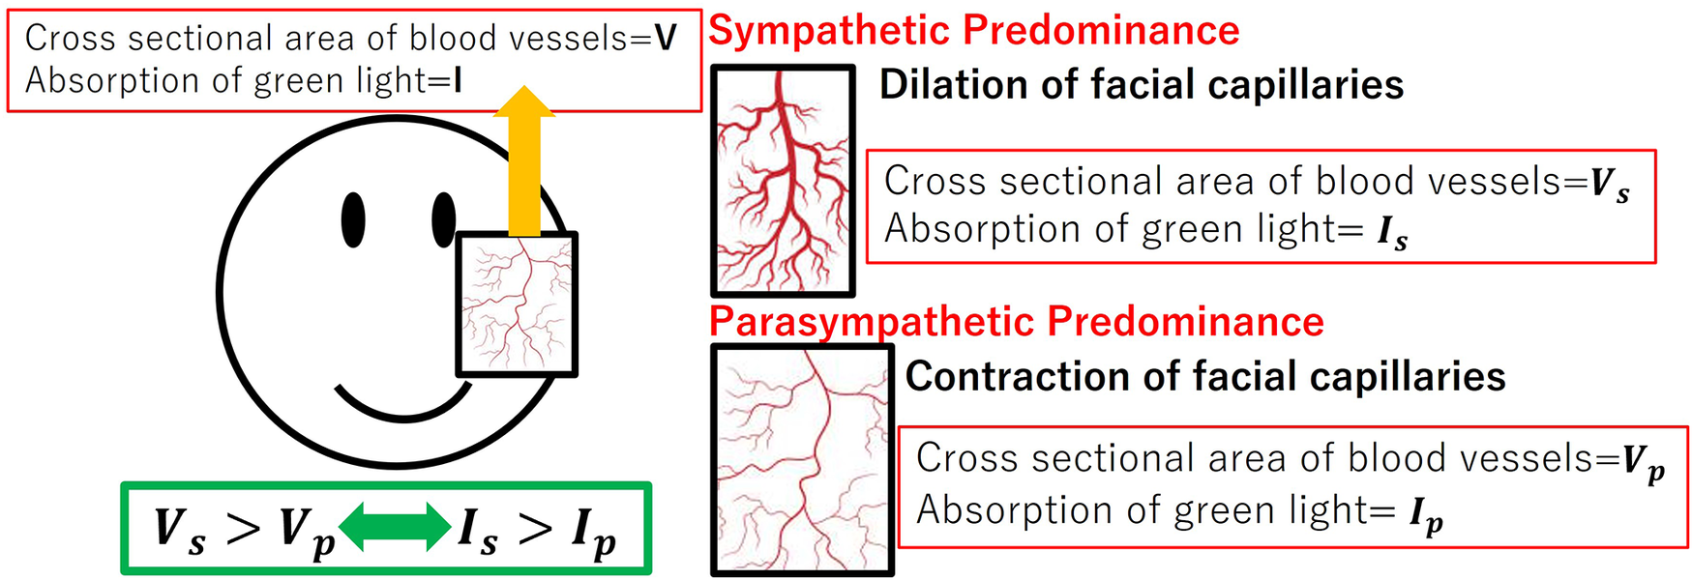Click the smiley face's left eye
[353, 220]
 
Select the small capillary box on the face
[517, 304]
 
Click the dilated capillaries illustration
[784, 181]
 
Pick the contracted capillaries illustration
[802, 460]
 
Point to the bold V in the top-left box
[666, 39]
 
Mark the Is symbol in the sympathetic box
[1392, 233]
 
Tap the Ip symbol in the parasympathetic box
[1426, 514]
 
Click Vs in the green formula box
[180, 531]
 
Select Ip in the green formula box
[593, 531]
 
